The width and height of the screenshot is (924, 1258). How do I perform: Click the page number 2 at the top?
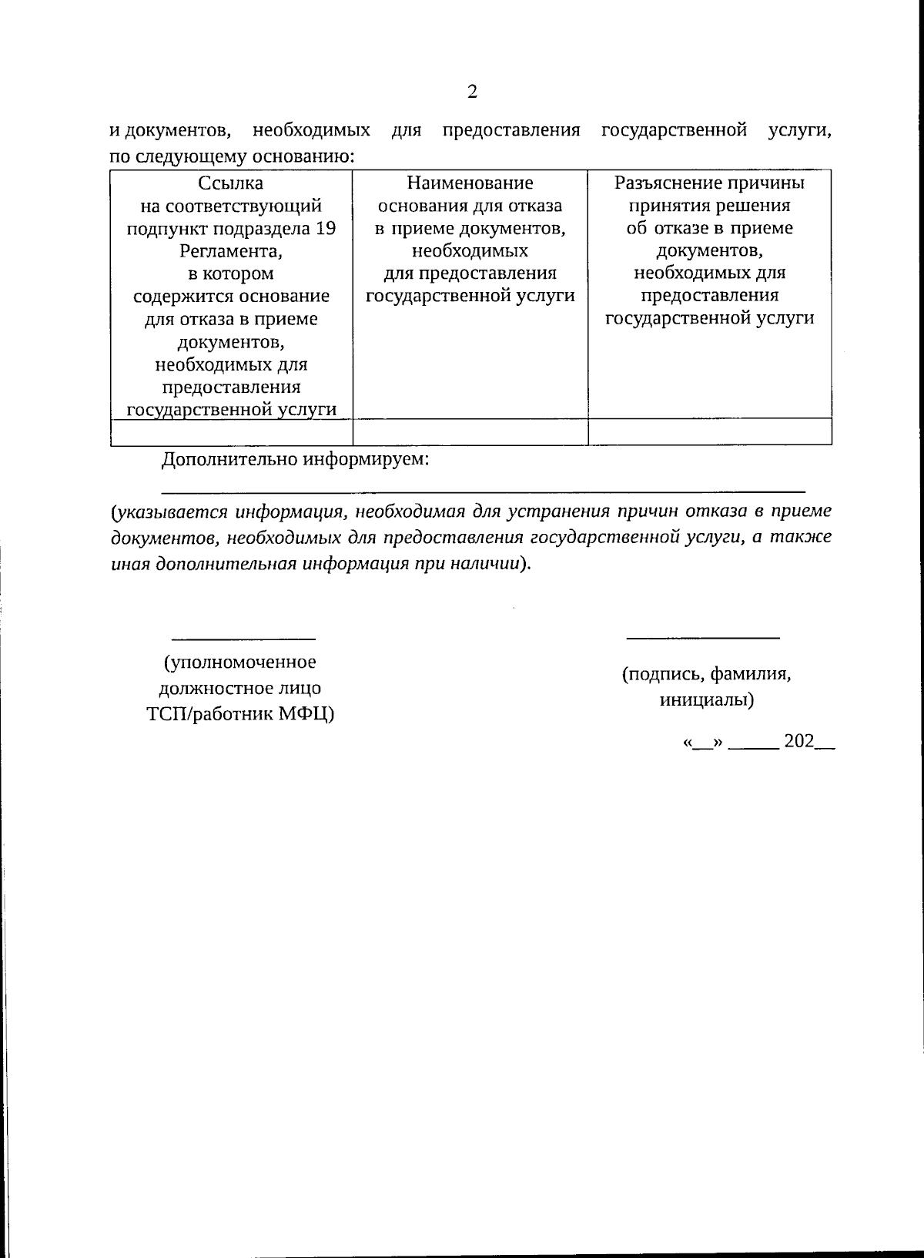pyautogui.click(x=472, y=92)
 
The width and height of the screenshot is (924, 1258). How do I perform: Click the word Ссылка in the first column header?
pyautogui.click(x=231, y=183)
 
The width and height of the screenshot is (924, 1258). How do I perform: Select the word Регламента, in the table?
pyautogui.click(x=231, y=251)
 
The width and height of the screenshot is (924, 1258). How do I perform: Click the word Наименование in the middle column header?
pyautogui.click(x=470, y=183)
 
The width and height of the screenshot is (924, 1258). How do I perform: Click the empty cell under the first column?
pyautogui.click(x=231, y=432)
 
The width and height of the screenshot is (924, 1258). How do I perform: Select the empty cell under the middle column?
pyautogui.click(x=470, y=432)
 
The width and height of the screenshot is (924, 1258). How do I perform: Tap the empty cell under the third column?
pyautogui.click(x=709, y=432)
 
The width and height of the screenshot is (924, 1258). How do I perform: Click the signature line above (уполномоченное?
pyautogui.click(x=243, y=639)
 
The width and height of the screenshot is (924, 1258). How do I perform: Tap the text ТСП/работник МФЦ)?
pyautogui.click(x=240, y=714)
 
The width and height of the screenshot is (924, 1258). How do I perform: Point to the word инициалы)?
pyautogui.click(x=706, y=700)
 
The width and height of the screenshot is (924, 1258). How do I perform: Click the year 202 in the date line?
pyautogui.click(x=798, y=742)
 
